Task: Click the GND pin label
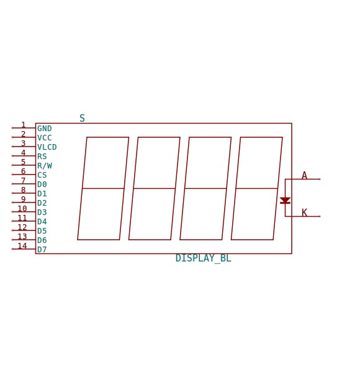pyautogui.click(x=45, y=129)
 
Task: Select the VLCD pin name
pyautogui.click(x=47, y=147)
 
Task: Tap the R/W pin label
pyautogui.click(x=45, y=166)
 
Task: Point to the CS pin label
pyautogui.click(x=42, y=175)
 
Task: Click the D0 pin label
pyautogui.click(x=42, y=184)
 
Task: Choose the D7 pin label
pyautogui.click(x=42, y=250)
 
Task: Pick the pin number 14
pyautogui.click(x=22, y=246)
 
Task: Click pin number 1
pyautogui.click(x=24, y=125)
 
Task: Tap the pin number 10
pyautogui.click(x=22, y=209)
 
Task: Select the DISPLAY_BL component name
pyautogui.click(x=204, y=258)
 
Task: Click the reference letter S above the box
pyautogui.click(x=82, y=118)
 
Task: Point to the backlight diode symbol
pyautogui.click(x=286, y=201)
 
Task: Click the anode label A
pyautogui.click(x=305, y=176)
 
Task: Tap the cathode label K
pyautogui.click(x=305, y=213)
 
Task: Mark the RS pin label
pyautogui.click(x=42, y=157)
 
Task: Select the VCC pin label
pyautogui.click(x=45, y=138)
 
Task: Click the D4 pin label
pyautogui.click(x=42, y=222)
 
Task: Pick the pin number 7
pyautogui.click(x=24, y=181)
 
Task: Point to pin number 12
pyautogui.click(x=22, y=227)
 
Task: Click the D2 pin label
pyautogui.click(x=42, y=203)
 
